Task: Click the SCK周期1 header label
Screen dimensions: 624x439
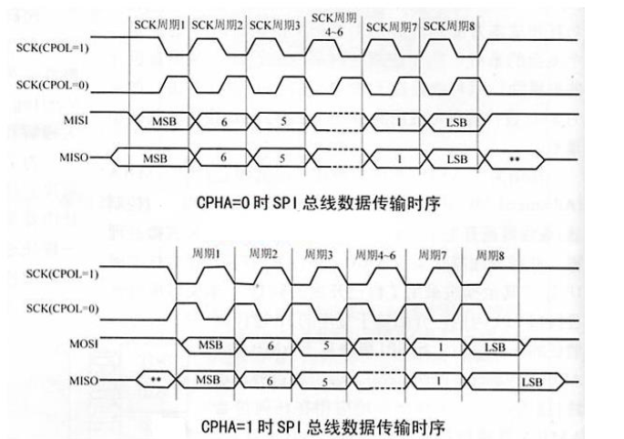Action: (x=159, y=25)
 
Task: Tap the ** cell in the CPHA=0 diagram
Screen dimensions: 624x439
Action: (x=516, y=158)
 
